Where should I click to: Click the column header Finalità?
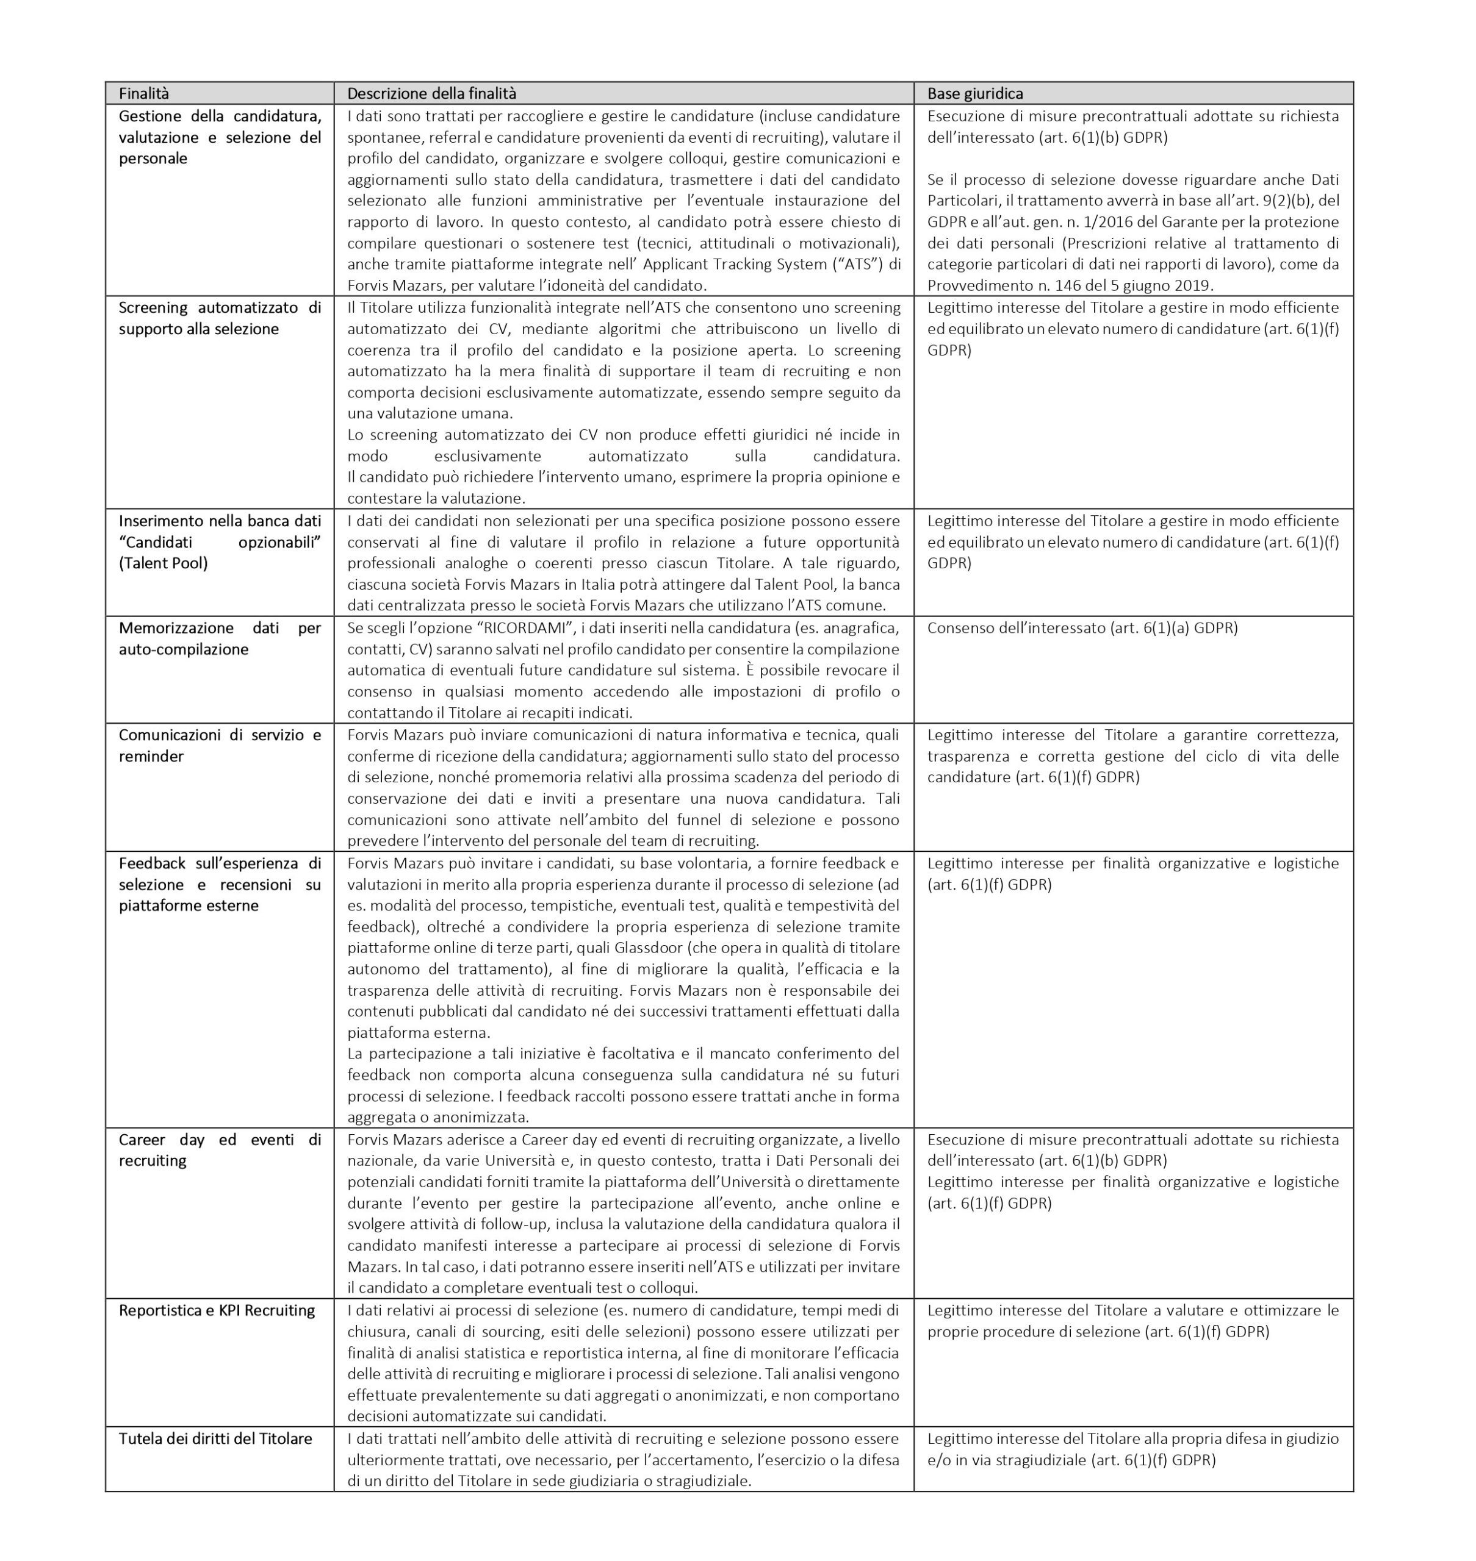click(144, 93)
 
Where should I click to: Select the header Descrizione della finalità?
click(432, 93)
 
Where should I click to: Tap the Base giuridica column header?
click(975, 93)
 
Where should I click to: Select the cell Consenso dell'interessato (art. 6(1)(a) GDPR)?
click(1082, 628)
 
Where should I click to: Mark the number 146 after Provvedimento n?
click(1093, 285)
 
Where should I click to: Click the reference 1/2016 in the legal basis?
click(1130, 222)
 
